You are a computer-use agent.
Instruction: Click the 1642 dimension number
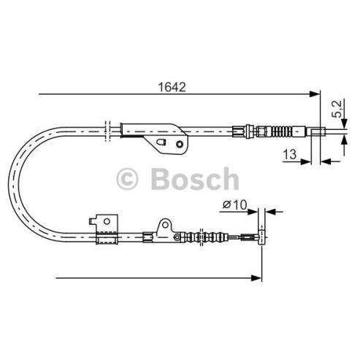pyautogui.click(x=172, y=87)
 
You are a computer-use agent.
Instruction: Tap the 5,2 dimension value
pyautogui.click(x=338, y=109)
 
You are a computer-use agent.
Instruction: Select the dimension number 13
pyautogui.click(x=290, y=154)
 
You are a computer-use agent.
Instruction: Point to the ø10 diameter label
pyautogui.click(x=234, y=204)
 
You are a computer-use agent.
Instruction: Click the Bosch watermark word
pyautogui.click(x=195, y=179)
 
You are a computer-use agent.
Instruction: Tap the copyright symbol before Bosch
pyautogui.click(x=127, y=179)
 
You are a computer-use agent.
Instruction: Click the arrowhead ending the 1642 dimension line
pyautogui.click(x=314, y=93)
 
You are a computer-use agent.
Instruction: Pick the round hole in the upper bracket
pyautogui.click(x=180, y=145)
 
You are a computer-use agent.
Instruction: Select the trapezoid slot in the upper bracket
pyautogui.click(x=161, y=142)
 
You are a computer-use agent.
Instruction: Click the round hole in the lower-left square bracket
pyautogui.click(x=107, y=221)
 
